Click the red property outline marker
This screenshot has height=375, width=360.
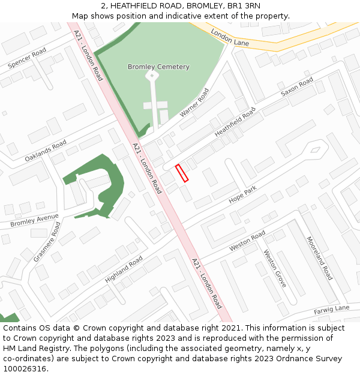[x=182, y=173]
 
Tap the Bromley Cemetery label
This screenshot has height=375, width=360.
[x=158, y=67]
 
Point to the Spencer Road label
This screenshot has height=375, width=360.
[x=27, y=58]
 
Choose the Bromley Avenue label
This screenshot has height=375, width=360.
[x=35, y=220]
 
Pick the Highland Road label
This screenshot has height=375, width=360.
[x=124, y=269]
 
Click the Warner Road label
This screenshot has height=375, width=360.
[x=194, y=103]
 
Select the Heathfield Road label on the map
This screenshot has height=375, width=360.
[x=235, y=122]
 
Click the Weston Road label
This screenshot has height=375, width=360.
[x=247, y=241]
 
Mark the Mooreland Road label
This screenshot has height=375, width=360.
[x=319, y=258]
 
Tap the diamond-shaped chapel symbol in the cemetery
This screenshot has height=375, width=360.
[x=152, y=76]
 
